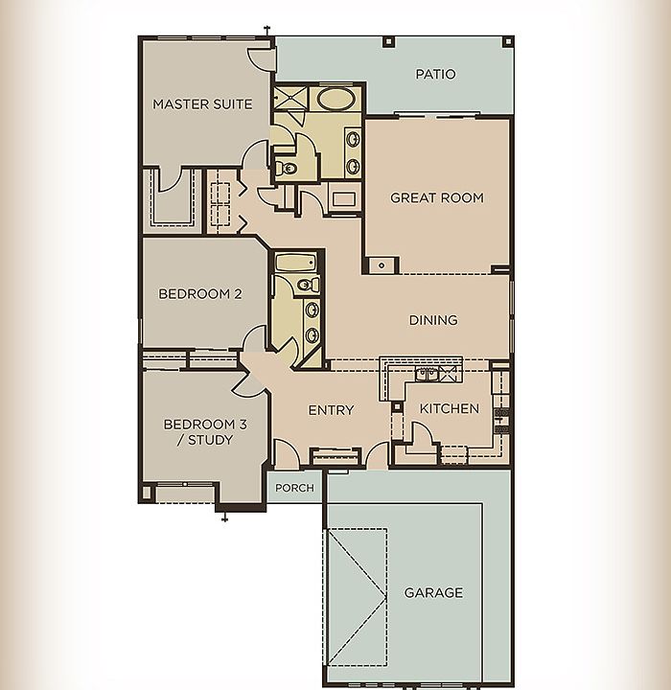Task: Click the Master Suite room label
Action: [202, 104]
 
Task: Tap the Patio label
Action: [435, 74]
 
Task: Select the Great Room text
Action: [437, 198]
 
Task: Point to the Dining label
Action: [433, 320]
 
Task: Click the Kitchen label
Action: [450, 409]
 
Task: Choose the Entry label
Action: [331, 410]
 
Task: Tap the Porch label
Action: [294, 488]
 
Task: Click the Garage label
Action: [433, 593]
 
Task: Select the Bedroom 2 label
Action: [200, 293]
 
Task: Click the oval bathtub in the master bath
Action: [335, 100]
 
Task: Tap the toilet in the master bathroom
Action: [287, 168]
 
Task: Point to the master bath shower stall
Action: [290, 97]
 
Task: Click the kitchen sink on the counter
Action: [426, 374]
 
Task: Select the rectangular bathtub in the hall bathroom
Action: [296, 263]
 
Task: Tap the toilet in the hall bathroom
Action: [308, 285]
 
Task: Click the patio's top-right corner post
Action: [508, 42]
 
